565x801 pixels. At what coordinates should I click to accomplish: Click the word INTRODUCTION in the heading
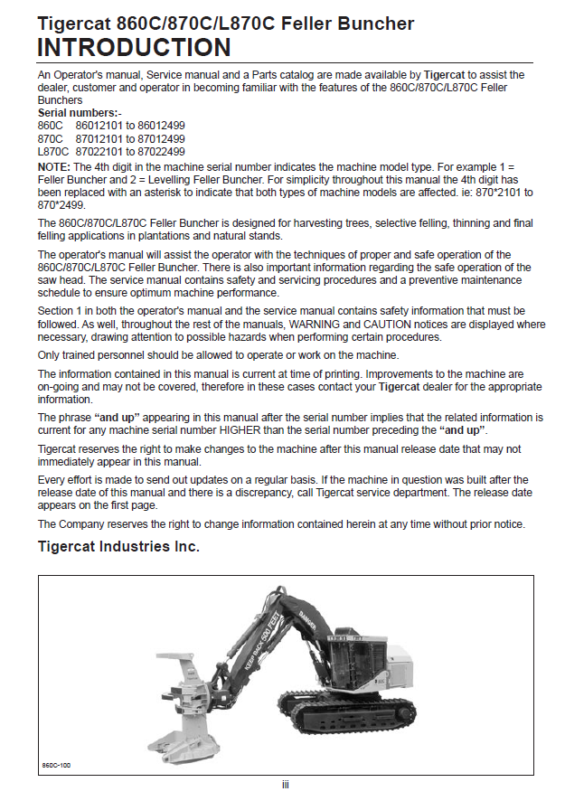coord(134,47)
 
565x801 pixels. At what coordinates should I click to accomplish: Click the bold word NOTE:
coord(54,166)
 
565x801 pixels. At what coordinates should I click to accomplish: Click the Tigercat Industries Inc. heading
coord(118,547)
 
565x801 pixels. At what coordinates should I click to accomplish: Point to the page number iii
coord(286,784)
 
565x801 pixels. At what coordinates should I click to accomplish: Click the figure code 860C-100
coord(57,764)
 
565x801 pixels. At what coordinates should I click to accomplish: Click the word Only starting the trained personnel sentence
coord(50,354)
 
